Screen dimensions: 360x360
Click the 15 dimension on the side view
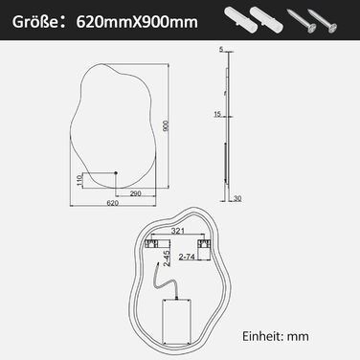coord(217,114)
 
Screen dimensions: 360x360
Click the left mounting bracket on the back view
coord(150,246)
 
